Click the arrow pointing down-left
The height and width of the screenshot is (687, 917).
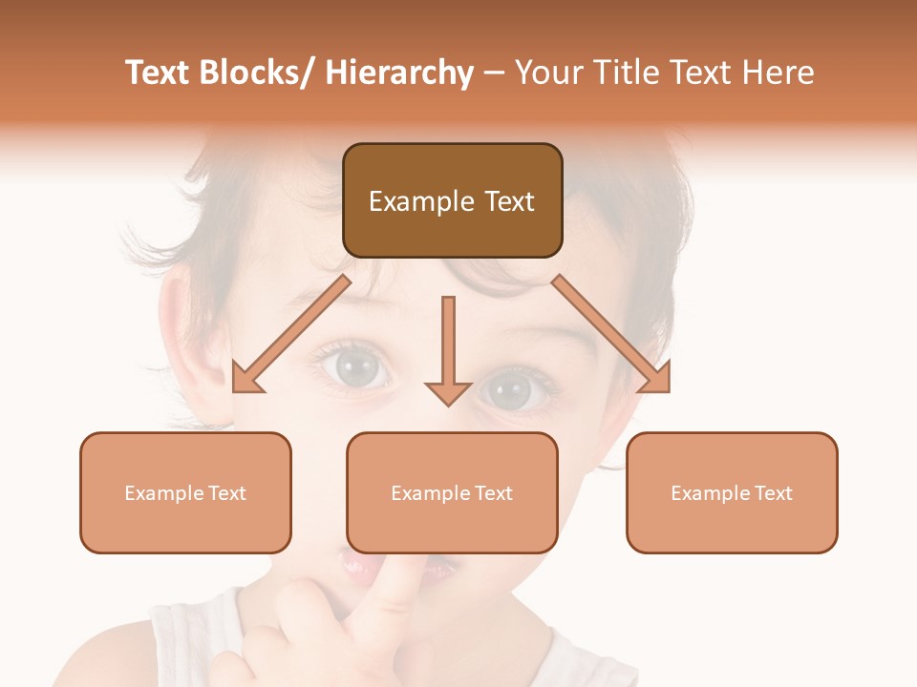(x=287, y=335)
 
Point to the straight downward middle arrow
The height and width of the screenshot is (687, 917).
(x=448, y=343)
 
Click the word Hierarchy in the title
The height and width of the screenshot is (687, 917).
(x=399, y=73)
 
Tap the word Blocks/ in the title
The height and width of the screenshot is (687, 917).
(x=254, y=73)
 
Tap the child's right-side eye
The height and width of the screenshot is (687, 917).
(x=511, y=389)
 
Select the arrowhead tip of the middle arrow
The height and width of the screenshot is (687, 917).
(x=448, y=404)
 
